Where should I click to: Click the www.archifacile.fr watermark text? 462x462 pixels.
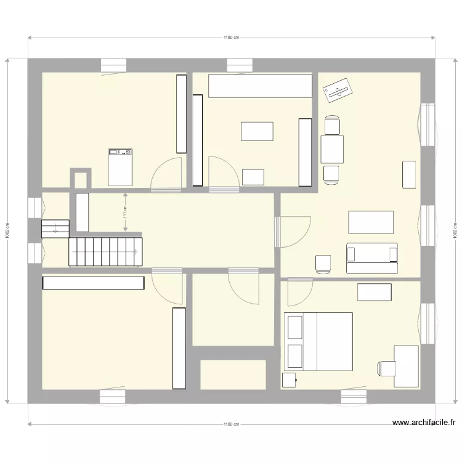(423, 423)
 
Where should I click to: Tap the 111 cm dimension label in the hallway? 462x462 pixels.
(125, 213)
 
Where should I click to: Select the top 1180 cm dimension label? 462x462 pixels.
(231, 38)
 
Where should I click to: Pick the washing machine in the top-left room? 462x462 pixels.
(120, 166)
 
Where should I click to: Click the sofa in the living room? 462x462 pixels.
(371, 258)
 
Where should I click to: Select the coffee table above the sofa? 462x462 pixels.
(371, 222)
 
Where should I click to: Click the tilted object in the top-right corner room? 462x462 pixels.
(337, 91)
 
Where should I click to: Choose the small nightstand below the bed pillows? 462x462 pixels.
(289, 380)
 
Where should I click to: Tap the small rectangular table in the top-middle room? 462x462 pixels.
(257, 131)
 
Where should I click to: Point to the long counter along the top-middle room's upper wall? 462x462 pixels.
(259, 86)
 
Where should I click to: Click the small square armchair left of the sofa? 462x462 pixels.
(323, 264)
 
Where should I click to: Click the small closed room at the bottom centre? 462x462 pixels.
(233, 375)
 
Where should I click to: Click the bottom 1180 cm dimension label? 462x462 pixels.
(231, 424)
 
